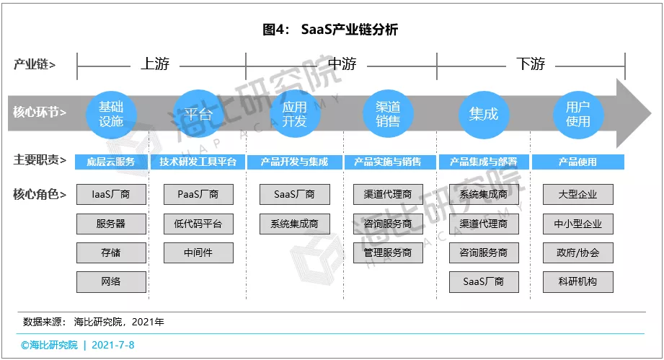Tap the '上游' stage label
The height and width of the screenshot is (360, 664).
click(x=154, y=64)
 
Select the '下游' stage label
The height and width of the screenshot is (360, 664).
click(x=531, y=64)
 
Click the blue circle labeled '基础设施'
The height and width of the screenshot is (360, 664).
click(x=111, y=113)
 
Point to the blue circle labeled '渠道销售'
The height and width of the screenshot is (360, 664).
click(x=388, y=113)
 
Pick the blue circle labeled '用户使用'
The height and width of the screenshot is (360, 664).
click(x=578, y=113)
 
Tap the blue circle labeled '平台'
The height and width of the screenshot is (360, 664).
click(x=198, y=113)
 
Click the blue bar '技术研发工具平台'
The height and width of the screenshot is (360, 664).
click(x=198, y=162)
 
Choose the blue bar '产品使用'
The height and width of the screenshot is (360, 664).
click(x=578, y=162)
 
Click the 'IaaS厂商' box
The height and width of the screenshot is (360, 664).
click(x=111, y=195)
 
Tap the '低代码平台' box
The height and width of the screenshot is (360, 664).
click(x=198, y=224)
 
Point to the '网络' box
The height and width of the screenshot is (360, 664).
click(x=111, y=281)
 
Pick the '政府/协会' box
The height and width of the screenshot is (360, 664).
click(x=578, y=253)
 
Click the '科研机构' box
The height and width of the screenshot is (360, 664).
click(x=578, y=281)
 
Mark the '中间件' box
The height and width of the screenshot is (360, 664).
click(x=198, y=253)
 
